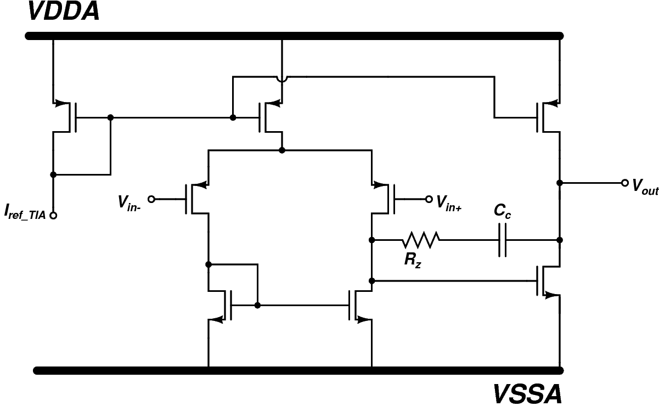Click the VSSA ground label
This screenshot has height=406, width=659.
point(527,394)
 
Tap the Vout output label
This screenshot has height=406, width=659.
point(644,187)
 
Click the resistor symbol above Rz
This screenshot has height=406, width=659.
point(421,240)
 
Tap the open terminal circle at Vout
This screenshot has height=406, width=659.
point(624,183)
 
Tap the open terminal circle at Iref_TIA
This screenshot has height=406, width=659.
point(53,216)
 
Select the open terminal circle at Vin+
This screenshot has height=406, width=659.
point(429,199)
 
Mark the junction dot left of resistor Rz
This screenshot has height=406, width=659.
point(372,240)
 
